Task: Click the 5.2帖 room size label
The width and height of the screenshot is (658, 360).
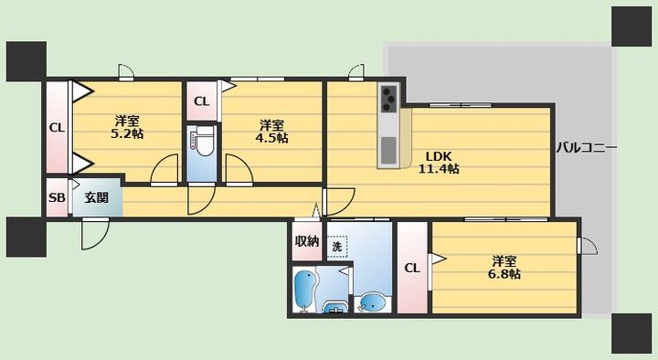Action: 127,133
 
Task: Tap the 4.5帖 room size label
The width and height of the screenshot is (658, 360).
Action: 271,138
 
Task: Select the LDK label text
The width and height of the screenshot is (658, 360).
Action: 439,156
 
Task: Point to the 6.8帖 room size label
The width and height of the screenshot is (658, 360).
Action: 504,274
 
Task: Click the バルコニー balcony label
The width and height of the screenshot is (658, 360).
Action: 587,148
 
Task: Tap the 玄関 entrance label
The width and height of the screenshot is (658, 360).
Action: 97,197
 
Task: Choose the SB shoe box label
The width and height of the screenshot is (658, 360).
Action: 57,197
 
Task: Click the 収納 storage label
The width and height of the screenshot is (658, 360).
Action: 307,241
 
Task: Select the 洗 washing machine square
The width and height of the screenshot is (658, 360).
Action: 337,247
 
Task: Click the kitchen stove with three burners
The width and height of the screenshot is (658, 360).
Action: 389,98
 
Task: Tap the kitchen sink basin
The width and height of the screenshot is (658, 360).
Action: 388,150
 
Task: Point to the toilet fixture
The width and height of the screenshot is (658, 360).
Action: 204,141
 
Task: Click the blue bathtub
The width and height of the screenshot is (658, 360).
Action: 305,291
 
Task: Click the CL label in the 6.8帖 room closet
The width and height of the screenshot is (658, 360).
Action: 412,268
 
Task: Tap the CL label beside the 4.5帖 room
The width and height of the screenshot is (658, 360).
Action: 201,101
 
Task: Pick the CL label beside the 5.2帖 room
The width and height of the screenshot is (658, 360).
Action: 57,128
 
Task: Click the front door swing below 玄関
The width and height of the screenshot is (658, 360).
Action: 95,233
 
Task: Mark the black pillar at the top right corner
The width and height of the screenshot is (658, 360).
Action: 631,26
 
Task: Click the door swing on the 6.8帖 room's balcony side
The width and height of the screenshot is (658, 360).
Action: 588,246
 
